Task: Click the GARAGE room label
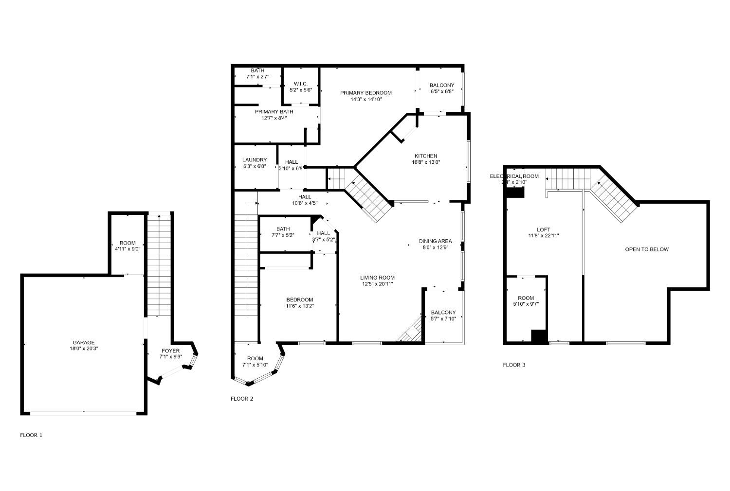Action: click(x=84, y=342)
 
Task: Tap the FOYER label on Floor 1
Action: click(x=170, y=351)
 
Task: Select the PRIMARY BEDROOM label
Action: click(x=366, y=93)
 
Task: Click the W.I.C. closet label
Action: click(x=300, y=84)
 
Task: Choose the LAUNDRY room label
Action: click(x=255, y=160)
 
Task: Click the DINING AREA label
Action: click(x=435, y=241)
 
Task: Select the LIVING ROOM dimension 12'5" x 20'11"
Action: click(x=377, y=284)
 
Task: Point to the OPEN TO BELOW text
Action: click(x=646, y=249)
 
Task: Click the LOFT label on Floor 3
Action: click(x=544, y=229)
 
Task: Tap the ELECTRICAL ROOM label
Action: click(x=514, y=176)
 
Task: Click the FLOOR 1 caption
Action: click(x=31, y=435)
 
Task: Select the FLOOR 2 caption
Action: click(x=242, y=399)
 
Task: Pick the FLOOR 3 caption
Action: click(x=514, y=365)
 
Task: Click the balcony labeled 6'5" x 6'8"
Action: click(x=442, y=88)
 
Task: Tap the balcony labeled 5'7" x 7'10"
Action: click(x=443, y=316)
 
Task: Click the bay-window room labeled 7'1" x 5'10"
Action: click(x=255, y=362)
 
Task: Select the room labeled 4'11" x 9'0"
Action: click(x=128, y=246)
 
